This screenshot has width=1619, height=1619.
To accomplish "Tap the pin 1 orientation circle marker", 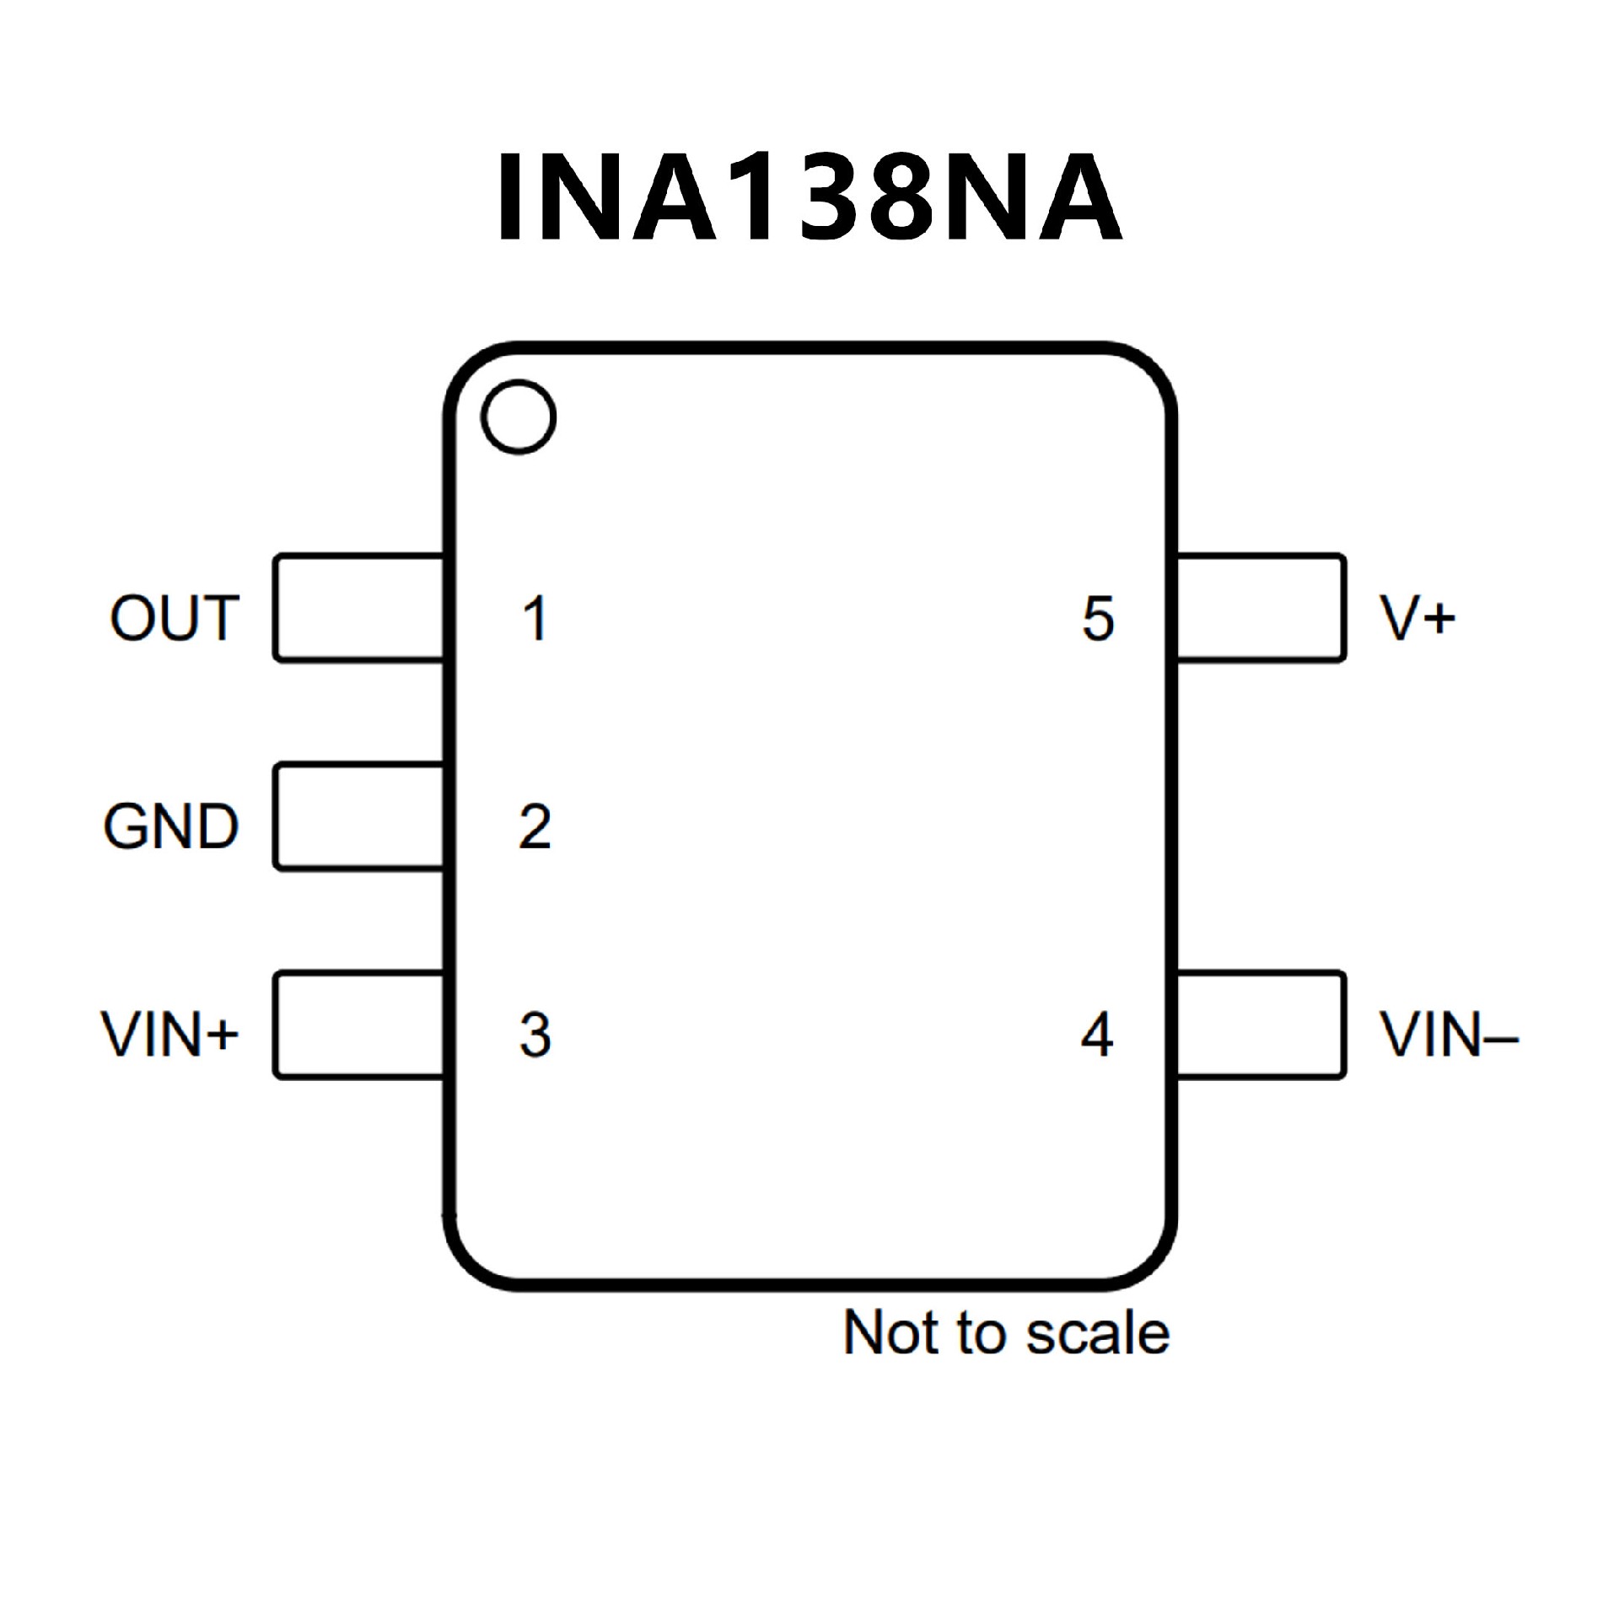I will (x=519, y=417).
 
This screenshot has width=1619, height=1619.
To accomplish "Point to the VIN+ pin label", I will (x=169, y=1034).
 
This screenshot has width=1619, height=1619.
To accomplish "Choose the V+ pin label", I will (x=1417, y=618).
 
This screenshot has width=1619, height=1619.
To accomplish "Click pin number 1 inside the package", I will (x=535, y=619).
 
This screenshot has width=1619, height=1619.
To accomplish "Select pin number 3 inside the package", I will (x=535, y=1035).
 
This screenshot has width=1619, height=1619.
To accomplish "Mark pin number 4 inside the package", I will (x=1096, y=1035).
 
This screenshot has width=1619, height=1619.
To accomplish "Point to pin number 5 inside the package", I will (x=1098, y=619).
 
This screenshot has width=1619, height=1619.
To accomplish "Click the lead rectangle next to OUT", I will (x=359, y=607).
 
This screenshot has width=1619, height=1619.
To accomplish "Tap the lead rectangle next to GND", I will (x=359, y=816).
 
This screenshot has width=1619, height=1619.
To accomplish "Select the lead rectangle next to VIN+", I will (x=359, y=1025).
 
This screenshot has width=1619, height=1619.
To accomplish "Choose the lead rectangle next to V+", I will (x=1260, y=607).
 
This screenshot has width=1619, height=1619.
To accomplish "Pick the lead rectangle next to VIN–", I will (x=1260, y=1025).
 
